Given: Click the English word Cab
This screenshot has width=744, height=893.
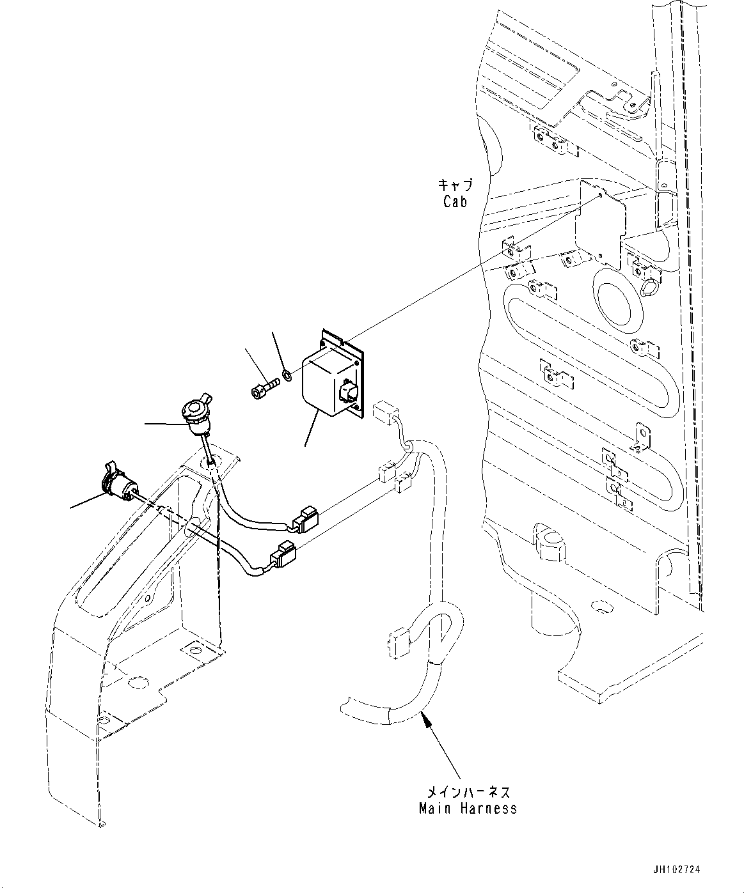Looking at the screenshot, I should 455,201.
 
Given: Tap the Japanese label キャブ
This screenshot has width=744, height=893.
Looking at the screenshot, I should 455,185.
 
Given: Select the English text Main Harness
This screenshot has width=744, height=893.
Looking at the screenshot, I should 468,808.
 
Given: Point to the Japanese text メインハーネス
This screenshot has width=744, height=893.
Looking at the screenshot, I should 468,792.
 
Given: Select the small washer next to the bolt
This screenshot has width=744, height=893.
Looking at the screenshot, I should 287,375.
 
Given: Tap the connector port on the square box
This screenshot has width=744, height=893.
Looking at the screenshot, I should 349,391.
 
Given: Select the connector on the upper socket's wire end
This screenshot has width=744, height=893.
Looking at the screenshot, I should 305,520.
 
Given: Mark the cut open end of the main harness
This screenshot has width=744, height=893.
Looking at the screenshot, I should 342,708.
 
